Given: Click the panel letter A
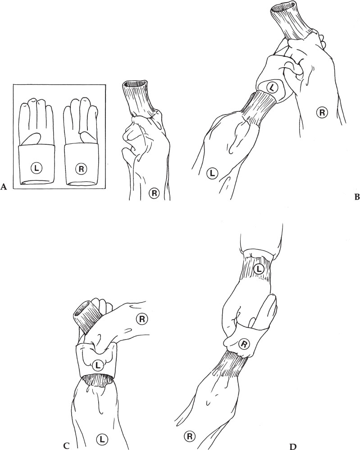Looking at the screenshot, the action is tap(4, 187).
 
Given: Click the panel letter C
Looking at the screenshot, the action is tap(66, 445).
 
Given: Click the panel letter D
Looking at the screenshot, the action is tap(293, 446).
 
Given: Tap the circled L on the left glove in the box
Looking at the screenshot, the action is tap(36, 169).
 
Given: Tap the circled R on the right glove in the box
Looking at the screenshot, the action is tap(81, 169).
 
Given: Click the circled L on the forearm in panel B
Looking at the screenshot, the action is tap(212, 173).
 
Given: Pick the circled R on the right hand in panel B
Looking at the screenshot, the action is tap(322, 113).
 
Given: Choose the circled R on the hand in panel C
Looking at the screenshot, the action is tap(141, 319).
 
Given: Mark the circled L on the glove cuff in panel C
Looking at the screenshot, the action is tap(97, 365).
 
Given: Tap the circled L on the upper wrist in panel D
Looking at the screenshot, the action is tap(259, 269).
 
